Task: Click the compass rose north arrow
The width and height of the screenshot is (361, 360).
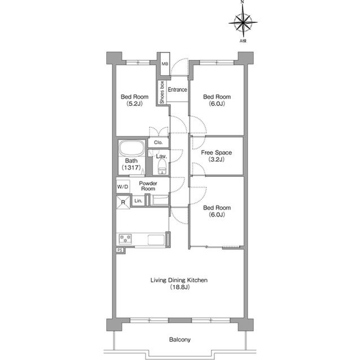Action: [x=243, y=23]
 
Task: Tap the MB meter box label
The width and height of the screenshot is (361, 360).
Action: [x=165, y=64]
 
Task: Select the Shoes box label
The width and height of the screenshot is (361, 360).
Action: [x=162, y=92]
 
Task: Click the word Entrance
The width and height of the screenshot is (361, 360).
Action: [x=177, y=90]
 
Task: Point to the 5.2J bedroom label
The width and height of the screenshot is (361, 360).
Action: [x=134, y=100]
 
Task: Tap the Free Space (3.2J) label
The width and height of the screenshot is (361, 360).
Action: [x=217, y=156]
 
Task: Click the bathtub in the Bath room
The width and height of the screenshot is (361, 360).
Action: [x=131, y=148]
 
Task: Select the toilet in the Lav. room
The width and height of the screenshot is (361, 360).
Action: [x=162, y=167]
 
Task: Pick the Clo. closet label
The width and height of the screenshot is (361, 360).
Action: [x=158, y=143]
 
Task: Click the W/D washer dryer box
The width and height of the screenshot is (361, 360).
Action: [x=123, y=186]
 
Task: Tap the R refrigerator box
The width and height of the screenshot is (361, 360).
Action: [x=123, y=202]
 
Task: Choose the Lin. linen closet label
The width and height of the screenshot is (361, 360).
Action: [x=138, y=201]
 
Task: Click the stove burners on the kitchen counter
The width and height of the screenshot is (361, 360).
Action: [x=125, y=238]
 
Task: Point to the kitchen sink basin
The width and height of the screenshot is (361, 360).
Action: [x=156, y=240]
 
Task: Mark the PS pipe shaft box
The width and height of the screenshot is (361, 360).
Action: [x=120, y=250]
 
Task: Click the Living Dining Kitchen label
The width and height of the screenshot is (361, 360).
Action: [x=179, y=283]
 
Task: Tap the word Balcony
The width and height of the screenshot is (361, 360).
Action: [x=180, y=339]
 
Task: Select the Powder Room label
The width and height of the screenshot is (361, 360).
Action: [x=148, y=186]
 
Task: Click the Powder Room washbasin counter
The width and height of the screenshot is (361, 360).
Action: [x=160, y=199]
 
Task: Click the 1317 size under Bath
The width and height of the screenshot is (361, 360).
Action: [x=131, y=167]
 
